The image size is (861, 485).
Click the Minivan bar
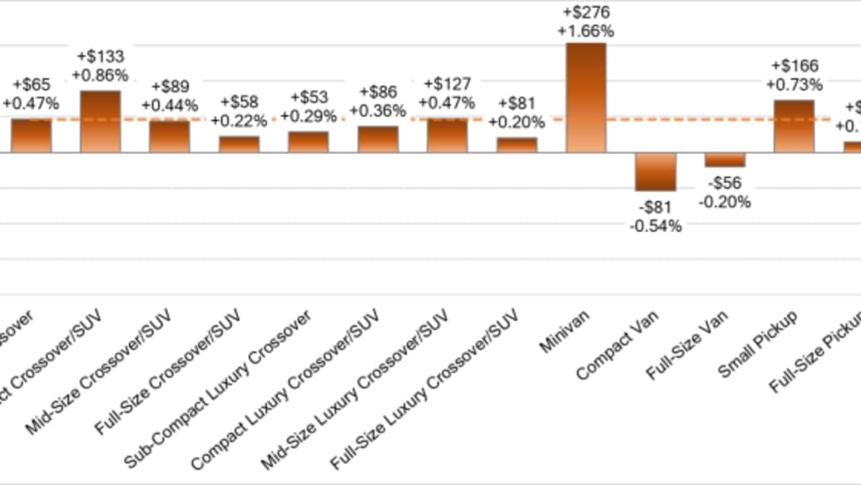click(x=586, y=97)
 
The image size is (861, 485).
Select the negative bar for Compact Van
click(x=655, y=171)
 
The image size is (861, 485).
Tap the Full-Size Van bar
click(x=725, y=159)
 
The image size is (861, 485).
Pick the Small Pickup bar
click(x=793, y=126)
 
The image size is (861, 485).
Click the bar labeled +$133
click(x=100, y=121)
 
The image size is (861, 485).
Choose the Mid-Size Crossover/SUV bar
click(x=169, y=136)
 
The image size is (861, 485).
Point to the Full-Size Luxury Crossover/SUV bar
click(x=517, y=145)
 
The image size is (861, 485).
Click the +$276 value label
click(x=586, y=13)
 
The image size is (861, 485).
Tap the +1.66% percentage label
click(x=586, y=31)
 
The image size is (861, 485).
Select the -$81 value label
click(x=655, y=207)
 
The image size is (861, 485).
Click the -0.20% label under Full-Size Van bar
click(x=725, y=201)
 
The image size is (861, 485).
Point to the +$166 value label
click(x=794, y=66)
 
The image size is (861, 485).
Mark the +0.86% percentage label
click(x=100, y=75)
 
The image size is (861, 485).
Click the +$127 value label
click(x=447, y=84)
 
